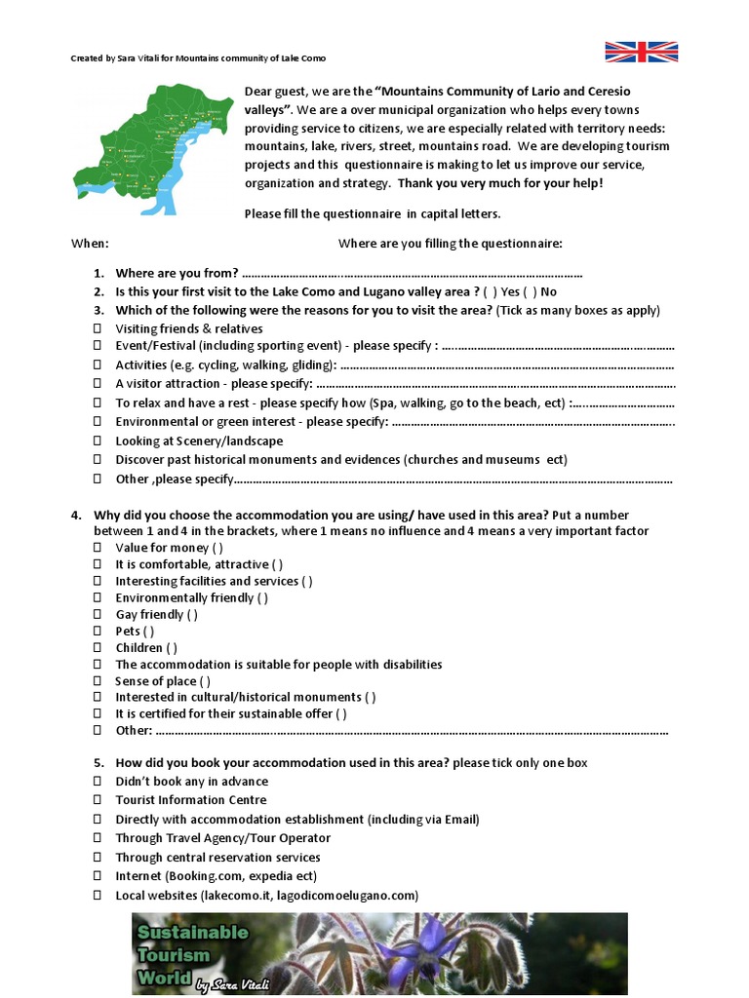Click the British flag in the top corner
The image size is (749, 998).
pos(641,52)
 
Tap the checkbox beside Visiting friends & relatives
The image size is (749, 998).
pos(98,328)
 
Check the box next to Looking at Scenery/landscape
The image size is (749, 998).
pos(98,441)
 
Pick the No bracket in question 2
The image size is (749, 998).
pos(532,291)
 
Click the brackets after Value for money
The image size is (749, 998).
pos(217,548)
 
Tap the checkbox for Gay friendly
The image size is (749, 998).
pos(98,615)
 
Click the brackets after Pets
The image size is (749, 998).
pos(148,632)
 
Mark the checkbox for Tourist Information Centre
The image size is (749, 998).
pos(98,800)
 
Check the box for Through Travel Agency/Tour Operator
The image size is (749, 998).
pos(98,838)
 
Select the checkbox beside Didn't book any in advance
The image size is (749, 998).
pos(98,782)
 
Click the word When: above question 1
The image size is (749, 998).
pos(90,243)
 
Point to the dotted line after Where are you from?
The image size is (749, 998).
pos(411,273)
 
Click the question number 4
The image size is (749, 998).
pos(76,515)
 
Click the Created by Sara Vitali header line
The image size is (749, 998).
pos(198,58)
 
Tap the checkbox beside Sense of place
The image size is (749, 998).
pos(98,681)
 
